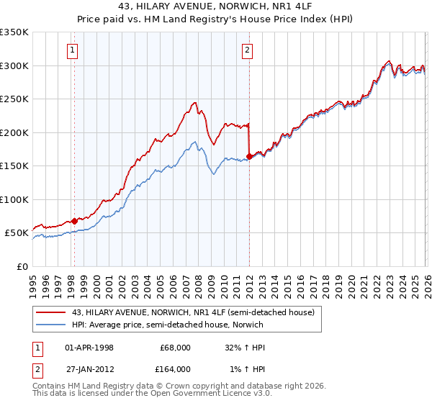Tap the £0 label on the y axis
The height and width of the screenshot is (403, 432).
[22, 266]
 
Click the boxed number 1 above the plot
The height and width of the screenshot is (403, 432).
[73, 50]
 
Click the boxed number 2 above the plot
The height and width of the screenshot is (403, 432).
[247, 50]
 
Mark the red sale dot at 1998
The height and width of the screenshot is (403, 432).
[73, 221]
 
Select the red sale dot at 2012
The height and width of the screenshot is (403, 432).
[249, 156]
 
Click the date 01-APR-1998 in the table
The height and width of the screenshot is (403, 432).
[89, 347]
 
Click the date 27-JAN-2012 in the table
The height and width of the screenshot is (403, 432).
[89, 368]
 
